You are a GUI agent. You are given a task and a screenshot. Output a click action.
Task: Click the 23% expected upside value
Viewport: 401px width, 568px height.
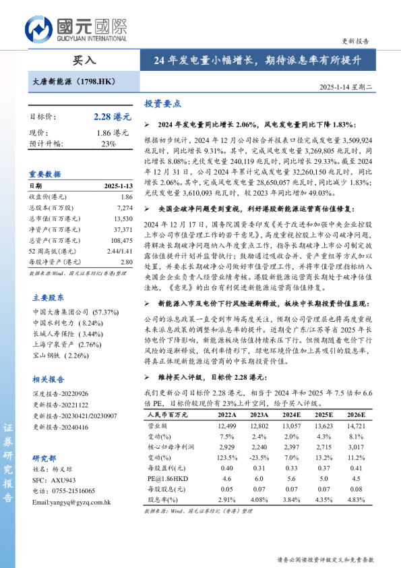(109, 144)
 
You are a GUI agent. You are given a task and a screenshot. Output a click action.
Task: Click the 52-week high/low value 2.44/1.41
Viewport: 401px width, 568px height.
(119, 251)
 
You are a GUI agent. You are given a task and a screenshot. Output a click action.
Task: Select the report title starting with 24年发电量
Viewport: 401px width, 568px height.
(257, 60)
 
